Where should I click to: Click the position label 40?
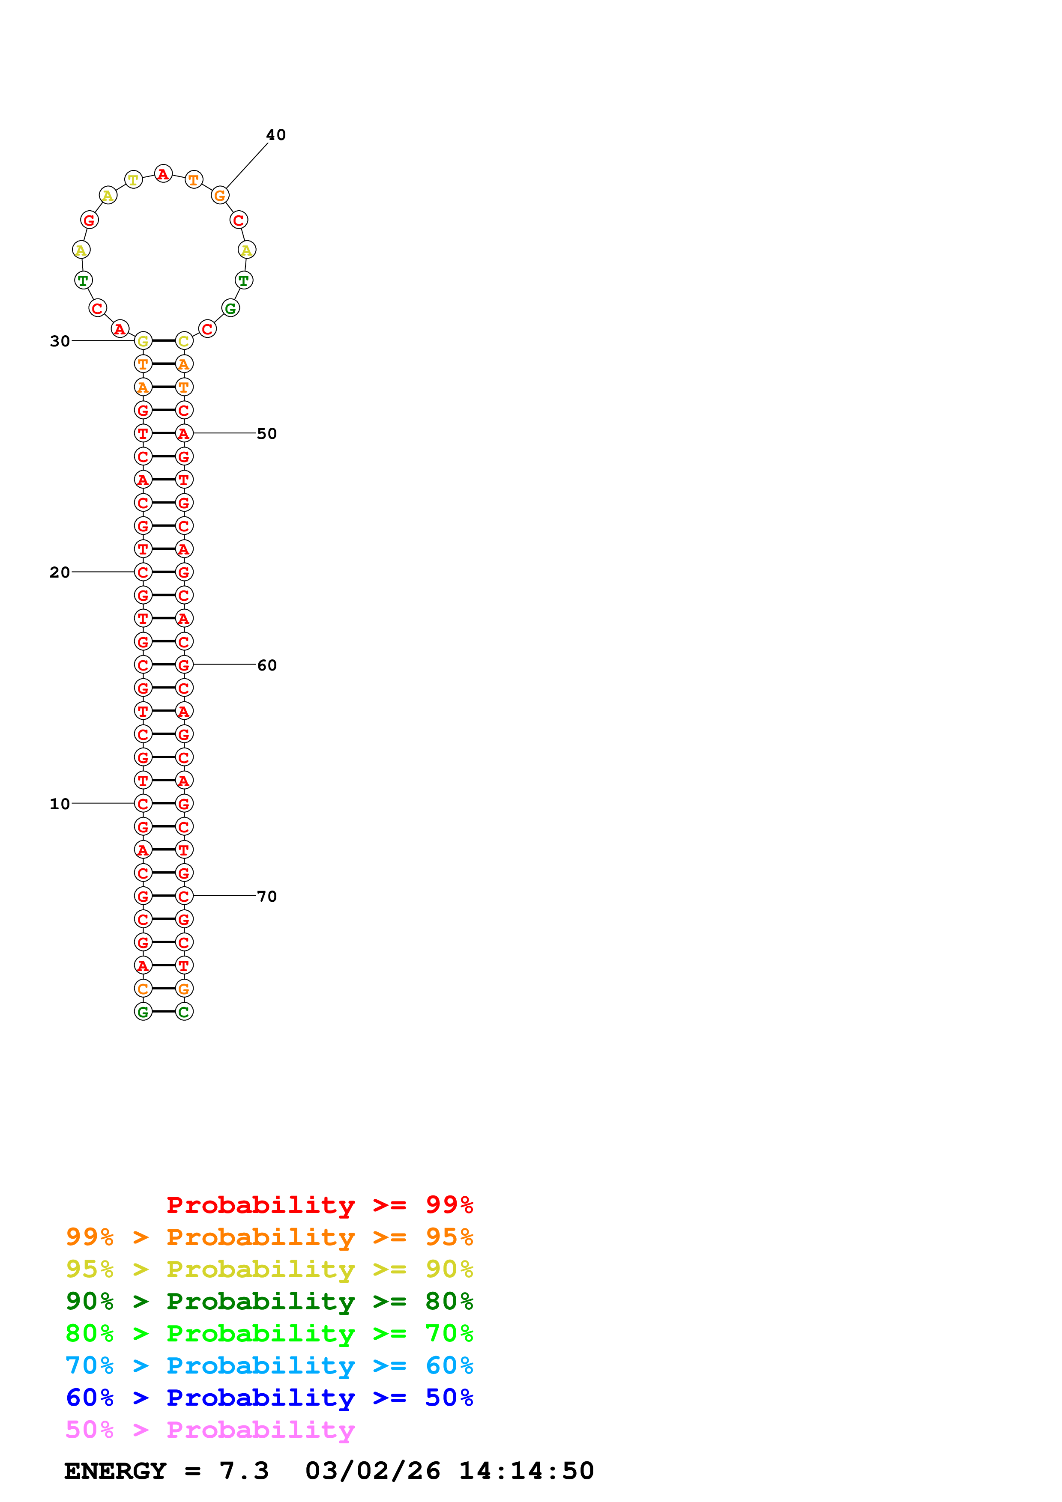tap(275, 135)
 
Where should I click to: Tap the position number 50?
tap(266, 434)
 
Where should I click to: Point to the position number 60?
tap(266, 665)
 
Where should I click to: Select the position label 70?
tap(266, 896)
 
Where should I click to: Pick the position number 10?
tap(60, 804)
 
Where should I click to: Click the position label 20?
tap(60, 572)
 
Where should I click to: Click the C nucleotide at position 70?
tap(184, 896)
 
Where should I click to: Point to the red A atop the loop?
tap(163, 174)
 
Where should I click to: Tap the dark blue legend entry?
tap(269, 1398)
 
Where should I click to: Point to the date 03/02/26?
tap(372, 1471)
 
